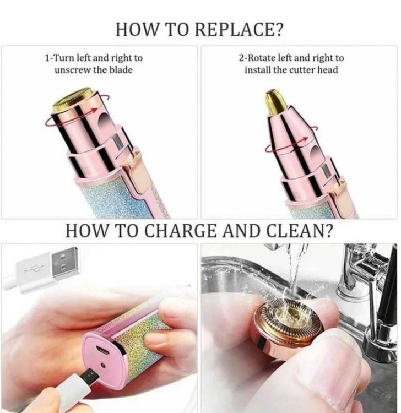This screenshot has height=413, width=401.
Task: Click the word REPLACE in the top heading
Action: pos(239,30)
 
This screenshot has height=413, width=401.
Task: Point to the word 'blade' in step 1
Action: pos(121,70)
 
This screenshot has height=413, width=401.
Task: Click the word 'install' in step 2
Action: pos(257,70)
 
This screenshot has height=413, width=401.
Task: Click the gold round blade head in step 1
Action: pos(72,99)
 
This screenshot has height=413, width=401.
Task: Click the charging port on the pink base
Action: pos(102,350)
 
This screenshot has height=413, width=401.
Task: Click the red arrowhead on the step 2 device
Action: pos(305,139)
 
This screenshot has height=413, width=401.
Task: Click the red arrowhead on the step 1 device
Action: pos(94,110)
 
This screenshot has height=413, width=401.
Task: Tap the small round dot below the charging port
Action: pos(104,365)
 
